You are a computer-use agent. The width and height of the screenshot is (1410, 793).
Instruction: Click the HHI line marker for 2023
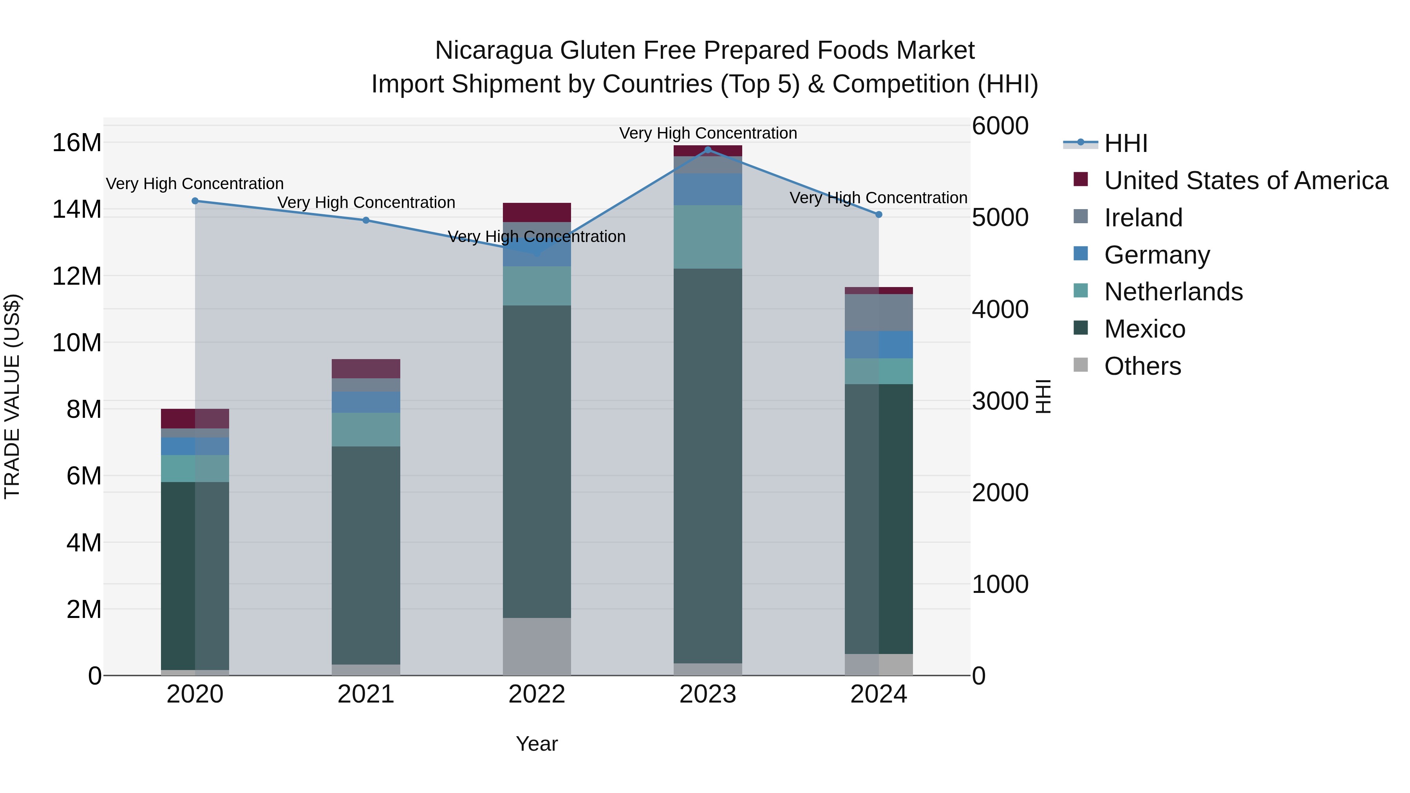pos(708,150)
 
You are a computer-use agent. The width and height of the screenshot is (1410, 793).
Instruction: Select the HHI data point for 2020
pos(195,201)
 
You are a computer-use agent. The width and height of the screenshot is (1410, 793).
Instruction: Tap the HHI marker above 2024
pos(879,215)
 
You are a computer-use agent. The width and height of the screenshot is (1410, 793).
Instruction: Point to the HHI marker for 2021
pos(366,220)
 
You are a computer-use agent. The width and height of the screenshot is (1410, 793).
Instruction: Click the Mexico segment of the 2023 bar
pos(708,465)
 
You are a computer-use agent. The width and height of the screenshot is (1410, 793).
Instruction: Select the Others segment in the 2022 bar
pos(537,646)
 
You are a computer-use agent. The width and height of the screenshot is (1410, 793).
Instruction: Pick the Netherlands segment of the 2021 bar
pos(366,429)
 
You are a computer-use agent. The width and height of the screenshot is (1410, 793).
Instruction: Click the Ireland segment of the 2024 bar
pos(879,313)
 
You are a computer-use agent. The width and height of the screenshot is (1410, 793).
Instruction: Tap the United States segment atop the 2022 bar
pos(537,212)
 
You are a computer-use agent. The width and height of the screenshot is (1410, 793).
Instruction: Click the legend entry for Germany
pos(1157,255)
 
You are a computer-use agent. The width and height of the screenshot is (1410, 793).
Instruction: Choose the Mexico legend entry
pos(1144,329)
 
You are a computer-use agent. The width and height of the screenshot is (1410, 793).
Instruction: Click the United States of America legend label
pos(1246,181)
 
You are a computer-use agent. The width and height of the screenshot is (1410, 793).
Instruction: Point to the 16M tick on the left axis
pos(77,143)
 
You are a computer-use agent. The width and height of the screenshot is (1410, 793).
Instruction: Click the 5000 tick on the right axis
pos(1000,217)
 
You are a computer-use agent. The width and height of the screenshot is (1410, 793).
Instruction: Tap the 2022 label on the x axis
pos(537,694)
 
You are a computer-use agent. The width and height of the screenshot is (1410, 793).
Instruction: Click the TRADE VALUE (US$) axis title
pos(13,396)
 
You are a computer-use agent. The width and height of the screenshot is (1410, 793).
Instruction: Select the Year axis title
pos(537,744)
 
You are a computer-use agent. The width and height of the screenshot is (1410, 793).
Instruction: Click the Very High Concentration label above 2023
pos(708,133)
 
